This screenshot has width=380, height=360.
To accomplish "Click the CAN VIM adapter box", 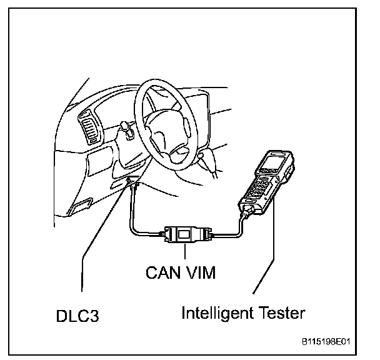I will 186,235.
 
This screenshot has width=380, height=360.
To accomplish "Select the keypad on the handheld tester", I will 261,187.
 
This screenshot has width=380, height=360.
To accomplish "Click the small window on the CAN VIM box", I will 186,234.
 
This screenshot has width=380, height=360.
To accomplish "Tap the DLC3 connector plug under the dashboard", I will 132,184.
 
